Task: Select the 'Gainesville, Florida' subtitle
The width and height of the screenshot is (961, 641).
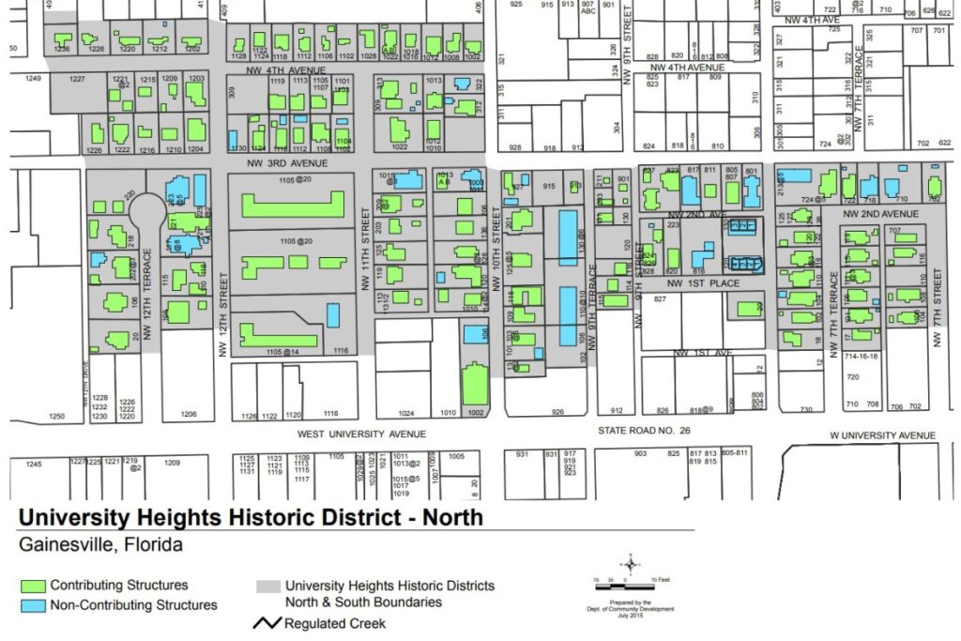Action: [x=99, y=544]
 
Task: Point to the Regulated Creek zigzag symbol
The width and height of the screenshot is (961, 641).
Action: [x=267, y=623]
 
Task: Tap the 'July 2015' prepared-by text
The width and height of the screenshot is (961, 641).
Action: [x=629, y=616]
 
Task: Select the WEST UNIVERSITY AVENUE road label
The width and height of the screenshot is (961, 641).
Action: [x=361, y=435]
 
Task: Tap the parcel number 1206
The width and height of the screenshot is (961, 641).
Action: [x=189, y=414]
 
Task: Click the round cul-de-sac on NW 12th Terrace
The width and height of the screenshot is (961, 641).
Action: [x=145, y=209]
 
